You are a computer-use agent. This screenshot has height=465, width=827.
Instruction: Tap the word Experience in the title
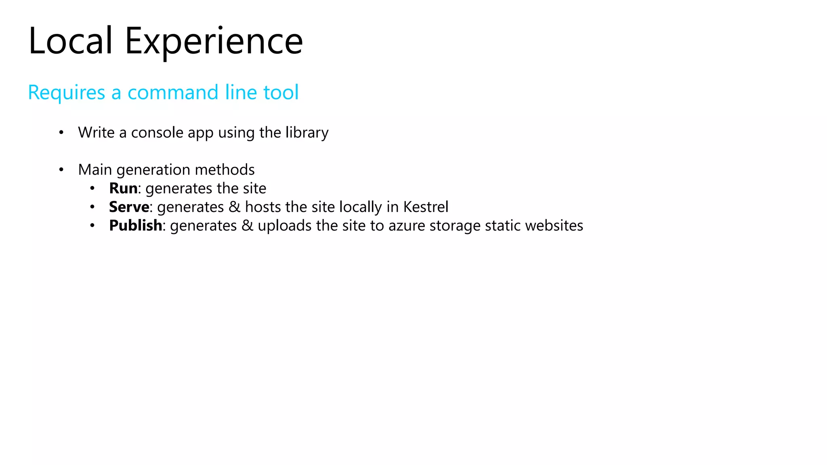pos(214,41)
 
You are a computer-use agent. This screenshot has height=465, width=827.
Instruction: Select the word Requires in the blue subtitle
pos(67,92)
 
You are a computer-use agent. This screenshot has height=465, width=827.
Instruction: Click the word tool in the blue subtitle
pos(281,92)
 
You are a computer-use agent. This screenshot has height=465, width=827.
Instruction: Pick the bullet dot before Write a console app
pos(61,132)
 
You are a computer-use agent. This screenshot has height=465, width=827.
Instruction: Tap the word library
pos(307,133)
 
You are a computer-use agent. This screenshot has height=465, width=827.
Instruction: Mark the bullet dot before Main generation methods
pos(61,170)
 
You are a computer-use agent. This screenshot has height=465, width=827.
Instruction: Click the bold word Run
pos(123,188)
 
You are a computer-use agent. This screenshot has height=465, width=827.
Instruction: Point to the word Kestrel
pos(426,207)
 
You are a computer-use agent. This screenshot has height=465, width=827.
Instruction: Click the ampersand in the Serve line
pos(234,207)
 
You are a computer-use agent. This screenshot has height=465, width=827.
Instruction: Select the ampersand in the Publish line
pos(247,225)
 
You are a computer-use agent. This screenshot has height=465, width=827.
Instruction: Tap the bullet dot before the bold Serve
pos(92,207)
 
